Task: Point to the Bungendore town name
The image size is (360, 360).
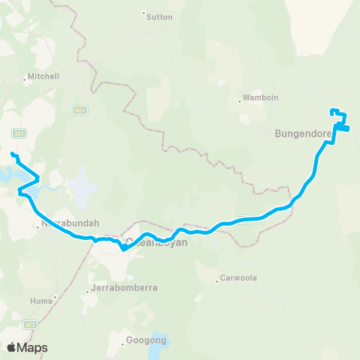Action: pos(303,134)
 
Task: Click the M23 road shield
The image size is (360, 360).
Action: pos(79,109)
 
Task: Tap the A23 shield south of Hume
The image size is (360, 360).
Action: pos(31,324)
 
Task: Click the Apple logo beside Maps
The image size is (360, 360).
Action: pos(12,346)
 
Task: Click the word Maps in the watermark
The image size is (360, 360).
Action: pos(32,347)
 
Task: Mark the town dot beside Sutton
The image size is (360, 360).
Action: pos(143,13)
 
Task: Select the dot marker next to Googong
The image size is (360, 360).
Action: pos(124,344)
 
